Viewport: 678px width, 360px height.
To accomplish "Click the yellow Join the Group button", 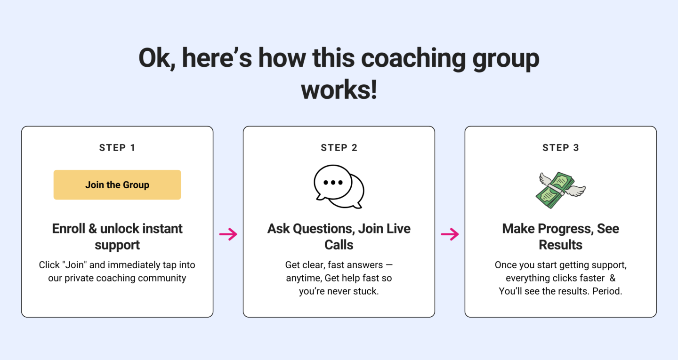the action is coord(117,184).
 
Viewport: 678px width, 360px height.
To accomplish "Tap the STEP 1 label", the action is coord(117,148).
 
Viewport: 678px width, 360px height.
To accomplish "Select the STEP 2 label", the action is coord(339,148).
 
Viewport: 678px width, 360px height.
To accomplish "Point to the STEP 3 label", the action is coord(561,148).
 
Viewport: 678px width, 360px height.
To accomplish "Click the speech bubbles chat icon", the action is coord(339,187).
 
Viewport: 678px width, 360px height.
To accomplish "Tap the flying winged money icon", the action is coord(561,190).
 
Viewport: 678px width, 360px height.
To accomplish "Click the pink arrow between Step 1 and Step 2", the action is coord(228,234).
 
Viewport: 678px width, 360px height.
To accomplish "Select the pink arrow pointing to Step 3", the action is coord(450,234).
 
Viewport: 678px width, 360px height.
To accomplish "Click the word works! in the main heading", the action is coord(339,90).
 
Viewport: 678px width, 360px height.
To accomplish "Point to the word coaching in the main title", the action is coord(413,58).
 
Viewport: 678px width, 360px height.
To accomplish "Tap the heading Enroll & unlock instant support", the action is coord(117,237).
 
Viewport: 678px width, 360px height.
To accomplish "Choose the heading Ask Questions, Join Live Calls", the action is coord(339,237).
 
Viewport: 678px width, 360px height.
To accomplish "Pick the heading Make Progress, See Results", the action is coord(561,237).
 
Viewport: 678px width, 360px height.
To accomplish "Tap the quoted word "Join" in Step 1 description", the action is coord(74,264).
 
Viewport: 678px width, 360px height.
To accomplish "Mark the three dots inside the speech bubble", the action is coord(333,183).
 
